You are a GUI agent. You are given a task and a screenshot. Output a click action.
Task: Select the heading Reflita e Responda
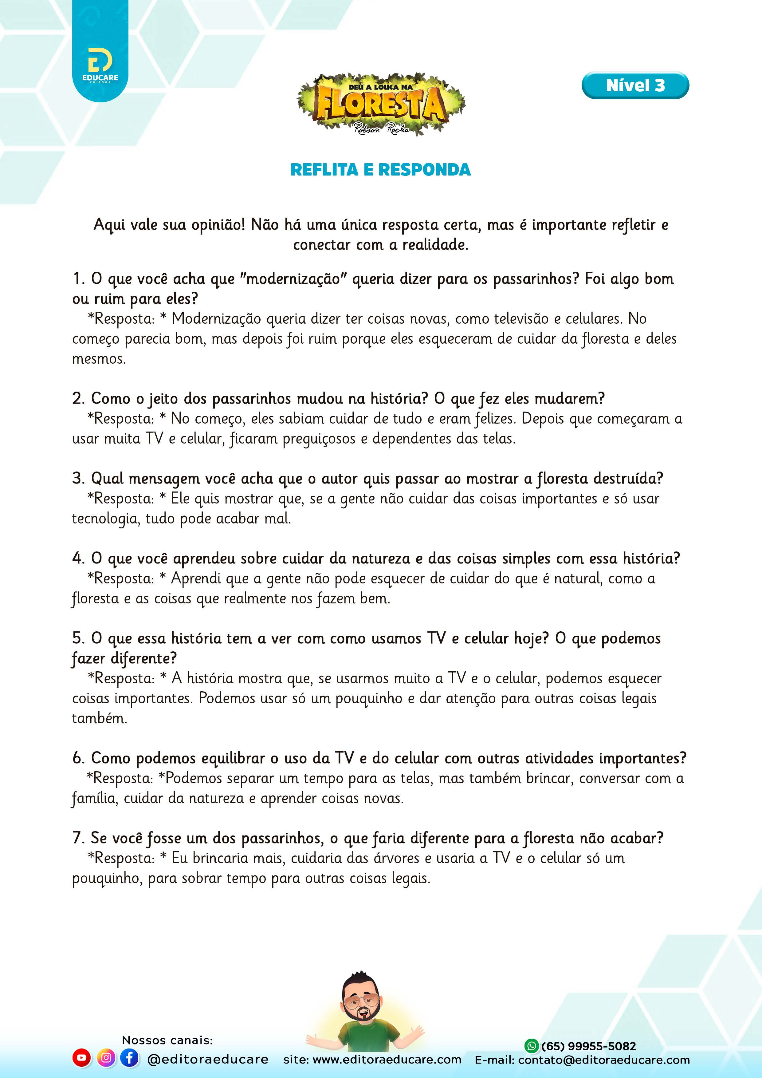point(380,169)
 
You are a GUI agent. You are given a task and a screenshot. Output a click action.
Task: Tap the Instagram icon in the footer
point(106,1058)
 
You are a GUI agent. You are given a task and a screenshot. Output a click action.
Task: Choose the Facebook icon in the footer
point(129,1058)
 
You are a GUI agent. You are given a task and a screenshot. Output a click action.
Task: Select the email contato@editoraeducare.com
point(604,1060)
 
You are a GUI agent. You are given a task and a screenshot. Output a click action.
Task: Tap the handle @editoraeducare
point(208,1059)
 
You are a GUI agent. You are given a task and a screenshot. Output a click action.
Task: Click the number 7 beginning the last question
point(77,838)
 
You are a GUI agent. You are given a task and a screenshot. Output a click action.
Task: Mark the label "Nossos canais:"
point(167,1040)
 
